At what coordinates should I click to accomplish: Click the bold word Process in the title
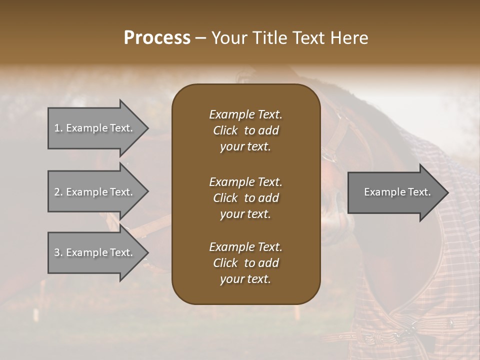157,38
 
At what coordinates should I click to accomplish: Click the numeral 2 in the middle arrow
56,192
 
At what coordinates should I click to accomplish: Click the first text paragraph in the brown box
245,130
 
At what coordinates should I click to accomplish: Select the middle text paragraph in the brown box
245,197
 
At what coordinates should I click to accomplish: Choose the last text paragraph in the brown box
245,263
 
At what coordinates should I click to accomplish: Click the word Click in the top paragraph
225,130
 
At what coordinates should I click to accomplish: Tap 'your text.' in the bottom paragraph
245,279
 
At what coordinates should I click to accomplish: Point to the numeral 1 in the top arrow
56,128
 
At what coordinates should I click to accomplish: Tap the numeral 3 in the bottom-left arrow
56,252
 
